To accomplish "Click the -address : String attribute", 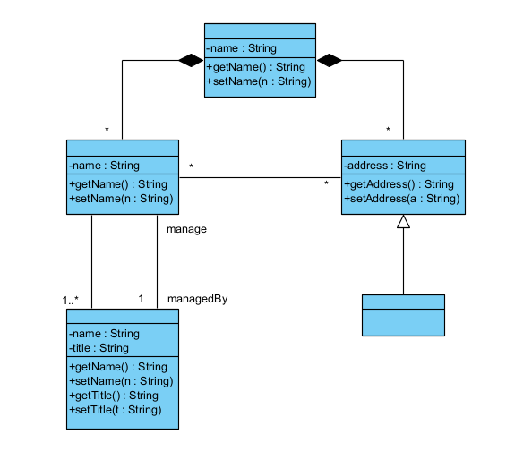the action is [x=385, y=166].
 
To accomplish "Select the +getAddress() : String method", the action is [x=399, y=184].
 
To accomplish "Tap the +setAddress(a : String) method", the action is [x=402, y=199].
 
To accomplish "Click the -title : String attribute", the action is [x=99, y=348].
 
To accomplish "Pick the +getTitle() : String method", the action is [x=114, y=396].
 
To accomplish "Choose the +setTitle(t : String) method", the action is [x=116, y=410].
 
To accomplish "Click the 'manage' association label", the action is [x=186, y=229].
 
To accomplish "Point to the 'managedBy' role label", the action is [x=198, y=299].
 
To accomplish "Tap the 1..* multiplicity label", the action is [x=71, y=301].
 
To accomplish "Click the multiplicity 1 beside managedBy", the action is [x=141, y=299].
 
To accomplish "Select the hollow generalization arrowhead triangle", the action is [x=403, y=222].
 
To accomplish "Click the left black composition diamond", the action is [x=191, y=60].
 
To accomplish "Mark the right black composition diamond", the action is [x=330, y=60].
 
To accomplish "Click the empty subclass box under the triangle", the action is [x=403, y=315].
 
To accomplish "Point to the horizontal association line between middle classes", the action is [x=260, y=177].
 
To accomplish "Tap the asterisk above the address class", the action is [x=388, y=130].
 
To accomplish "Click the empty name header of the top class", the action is [x=260, y=31].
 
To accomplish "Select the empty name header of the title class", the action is [x=123, y=317].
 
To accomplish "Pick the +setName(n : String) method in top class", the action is [x=259, y=81].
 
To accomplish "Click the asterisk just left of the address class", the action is [x=326, y=183].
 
